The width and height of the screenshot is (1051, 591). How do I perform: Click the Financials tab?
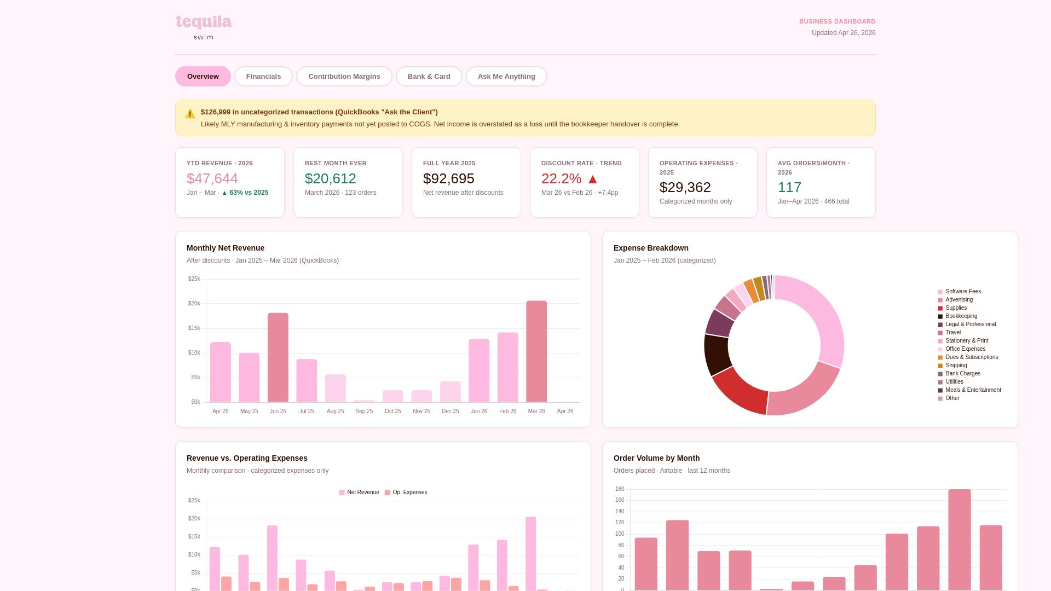[x=263, y=77]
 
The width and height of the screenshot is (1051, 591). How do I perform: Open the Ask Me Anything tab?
[x=506, y=77]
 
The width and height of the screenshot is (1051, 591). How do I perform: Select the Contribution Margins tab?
[x=344, y=77]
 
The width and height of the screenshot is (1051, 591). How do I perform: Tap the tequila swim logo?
[x=204, y=27]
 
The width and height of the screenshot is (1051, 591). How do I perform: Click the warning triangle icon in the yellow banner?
[x=190, y=114]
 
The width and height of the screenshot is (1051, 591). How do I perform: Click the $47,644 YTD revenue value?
[x=212, y=178]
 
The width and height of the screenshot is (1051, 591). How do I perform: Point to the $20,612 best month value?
[x=330, y=178]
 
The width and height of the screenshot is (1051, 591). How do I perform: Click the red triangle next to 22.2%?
[x=592, y=179]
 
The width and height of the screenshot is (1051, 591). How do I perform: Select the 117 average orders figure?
[x=789, y=187]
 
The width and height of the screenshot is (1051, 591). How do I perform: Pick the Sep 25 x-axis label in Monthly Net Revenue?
[x=364, y=412]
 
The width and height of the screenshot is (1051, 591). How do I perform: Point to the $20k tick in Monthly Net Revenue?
[x=194, y=304]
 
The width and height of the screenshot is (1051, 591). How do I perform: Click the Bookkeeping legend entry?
[x=961, y=316]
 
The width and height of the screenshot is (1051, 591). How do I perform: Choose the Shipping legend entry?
[x=956, y=366]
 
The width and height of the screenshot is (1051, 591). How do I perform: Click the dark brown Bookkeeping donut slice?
[x=717, y=354]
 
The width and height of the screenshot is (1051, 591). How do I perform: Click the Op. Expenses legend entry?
[x=409, y=493]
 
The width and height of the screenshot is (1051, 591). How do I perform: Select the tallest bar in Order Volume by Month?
[x=959, y=539]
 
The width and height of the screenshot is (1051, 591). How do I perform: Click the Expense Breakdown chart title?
[x=651, y=248]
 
